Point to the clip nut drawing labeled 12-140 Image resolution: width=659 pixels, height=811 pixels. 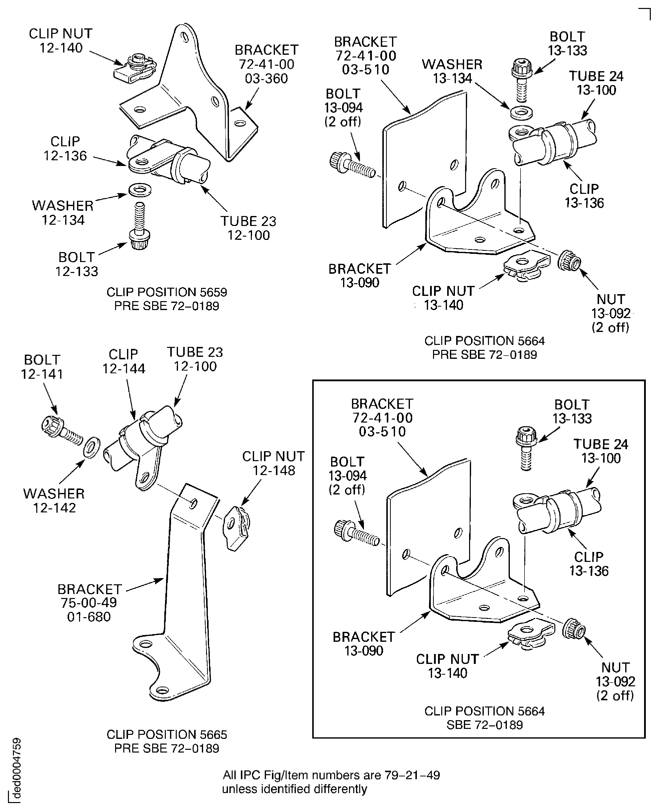click(135, 69)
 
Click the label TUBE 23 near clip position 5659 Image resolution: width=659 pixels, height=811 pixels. click(248, 221)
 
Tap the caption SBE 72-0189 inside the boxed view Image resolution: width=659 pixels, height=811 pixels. click(484, 724)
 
